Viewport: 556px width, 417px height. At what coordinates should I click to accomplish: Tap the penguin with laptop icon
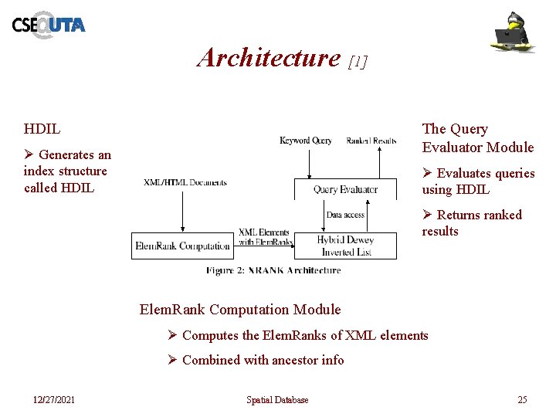pos(514,32)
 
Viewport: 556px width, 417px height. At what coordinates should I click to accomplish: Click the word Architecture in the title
pos(269,58)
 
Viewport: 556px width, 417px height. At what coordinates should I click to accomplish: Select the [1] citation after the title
pos(358,61)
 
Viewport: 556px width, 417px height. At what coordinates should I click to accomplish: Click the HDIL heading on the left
pos(42,129)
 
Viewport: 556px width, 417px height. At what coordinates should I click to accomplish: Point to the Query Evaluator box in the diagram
pos(345,189)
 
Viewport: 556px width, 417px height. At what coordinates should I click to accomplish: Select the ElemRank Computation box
pos(182,246)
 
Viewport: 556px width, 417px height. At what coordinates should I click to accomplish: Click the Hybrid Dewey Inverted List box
pos(345,246)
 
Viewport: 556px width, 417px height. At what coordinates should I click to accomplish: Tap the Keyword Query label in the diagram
pos(305,141)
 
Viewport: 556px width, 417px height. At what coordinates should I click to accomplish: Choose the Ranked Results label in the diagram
pos(371,141)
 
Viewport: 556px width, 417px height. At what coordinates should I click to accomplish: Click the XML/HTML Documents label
pos(185,183)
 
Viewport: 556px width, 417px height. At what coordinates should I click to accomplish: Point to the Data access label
pos(345,215)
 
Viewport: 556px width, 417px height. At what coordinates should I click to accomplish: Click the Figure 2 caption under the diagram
pos(273,270)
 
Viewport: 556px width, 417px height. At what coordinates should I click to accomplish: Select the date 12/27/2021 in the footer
pos(54,399)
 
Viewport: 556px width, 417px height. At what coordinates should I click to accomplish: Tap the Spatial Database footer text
pos(277,399)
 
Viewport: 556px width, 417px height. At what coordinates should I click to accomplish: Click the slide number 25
pos(522,399)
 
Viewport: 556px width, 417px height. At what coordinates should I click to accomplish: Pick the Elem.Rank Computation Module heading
pos(239,310)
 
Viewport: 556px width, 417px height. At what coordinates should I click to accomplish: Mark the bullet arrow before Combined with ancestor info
pos(173,360)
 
